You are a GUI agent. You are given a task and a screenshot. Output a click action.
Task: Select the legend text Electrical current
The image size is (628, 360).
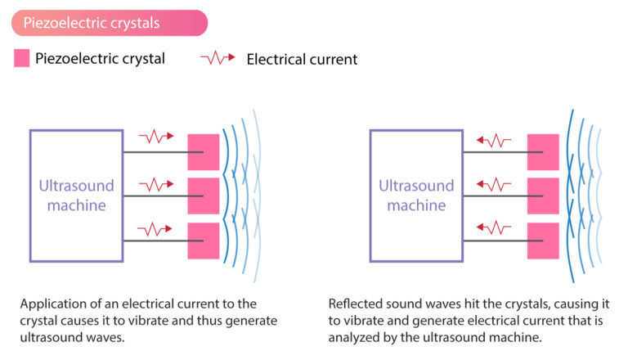[x=301, y=59]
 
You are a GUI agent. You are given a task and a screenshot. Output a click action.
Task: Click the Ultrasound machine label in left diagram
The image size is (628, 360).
[x=76, y=196]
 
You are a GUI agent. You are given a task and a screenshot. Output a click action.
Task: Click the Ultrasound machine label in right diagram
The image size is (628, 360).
[x=416, y=196]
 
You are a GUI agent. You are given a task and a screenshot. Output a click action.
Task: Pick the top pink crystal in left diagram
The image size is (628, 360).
[x=204, y=151]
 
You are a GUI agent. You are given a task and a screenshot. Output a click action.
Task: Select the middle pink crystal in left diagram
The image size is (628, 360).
[x=204, y=196]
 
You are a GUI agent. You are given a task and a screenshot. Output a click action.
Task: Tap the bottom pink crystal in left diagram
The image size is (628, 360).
[x=204, y=241]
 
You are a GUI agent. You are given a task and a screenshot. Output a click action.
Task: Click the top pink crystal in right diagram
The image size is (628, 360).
[x=543, y=151]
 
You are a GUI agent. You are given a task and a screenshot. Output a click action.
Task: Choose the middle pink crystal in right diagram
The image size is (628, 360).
[x=543, y=196]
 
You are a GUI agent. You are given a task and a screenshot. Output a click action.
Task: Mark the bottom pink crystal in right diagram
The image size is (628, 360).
[x=543, y=241]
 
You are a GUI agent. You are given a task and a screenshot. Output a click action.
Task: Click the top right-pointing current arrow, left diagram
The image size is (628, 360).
[x=156, y=136]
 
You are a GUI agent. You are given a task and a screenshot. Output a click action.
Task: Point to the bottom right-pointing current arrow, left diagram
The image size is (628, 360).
[x=156, y=226]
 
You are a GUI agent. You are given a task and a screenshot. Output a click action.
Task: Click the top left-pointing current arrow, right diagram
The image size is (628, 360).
[x=495, y=140]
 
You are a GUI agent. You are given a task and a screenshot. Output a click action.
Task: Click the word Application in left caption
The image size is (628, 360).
[x=55, y=303]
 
